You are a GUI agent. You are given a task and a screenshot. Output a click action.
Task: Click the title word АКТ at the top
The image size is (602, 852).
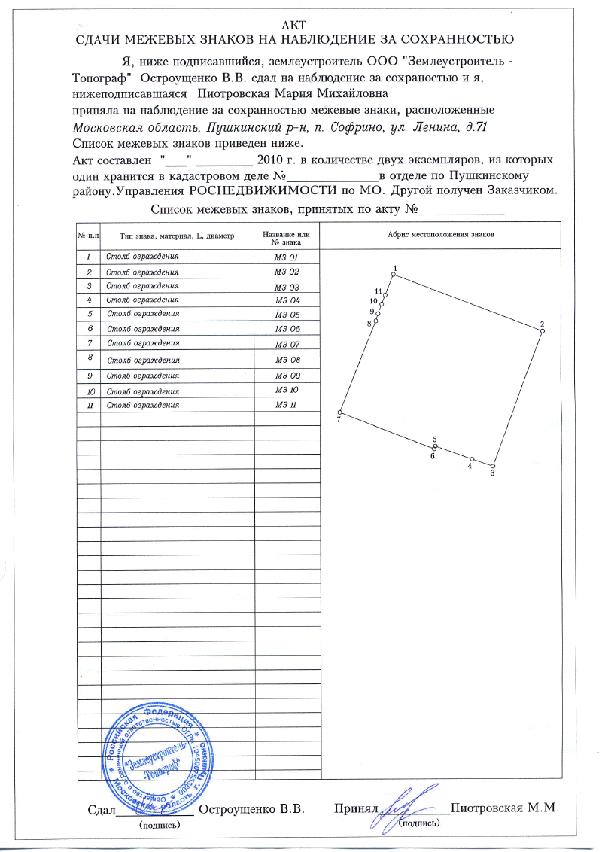[x=300, y=23]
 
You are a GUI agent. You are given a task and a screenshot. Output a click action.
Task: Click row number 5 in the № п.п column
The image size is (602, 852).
[x=89, y=314]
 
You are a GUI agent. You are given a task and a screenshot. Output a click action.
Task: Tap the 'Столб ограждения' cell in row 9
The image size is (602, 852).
[x=143, y=375]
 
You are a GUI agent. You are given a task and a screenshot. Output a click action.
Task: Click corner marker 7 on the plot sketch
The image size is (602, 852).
[x=340, y=412]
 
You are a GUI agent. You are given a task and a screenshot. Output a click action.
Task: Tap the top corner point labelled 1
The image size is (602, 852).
[x=394, y=275]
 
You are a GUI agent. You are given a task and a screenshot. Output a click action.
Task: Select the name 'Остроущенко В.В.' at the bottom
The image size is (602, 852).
[x=251, y=810]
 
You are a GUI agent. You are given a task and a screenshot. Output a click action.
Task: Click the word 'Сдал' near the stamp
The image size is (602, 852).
[x=100, y=810]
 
